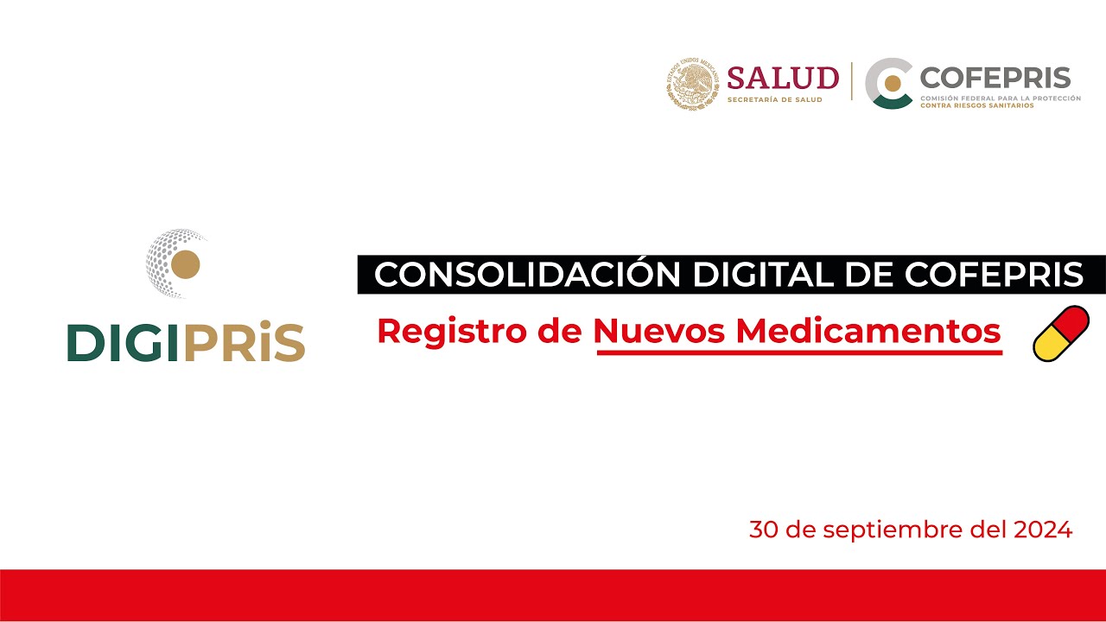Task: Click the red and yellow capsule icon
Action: [1061, 333]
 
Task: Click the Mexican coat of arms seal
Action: [693, 84]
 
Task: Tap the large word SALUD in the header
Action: [783, 78]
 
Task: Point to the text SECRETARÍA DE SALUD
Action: [775, 100]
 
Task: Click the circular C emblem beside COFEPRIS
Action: [890, 84]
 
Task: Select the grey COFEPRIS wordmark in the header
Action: [995, 77]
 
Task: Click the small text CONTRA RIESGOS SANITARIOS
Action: [976, 105]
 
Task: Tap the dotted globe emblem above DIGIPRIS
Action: [177, 263]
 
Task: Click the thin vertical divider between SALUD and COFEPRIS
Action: [852, 82]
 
